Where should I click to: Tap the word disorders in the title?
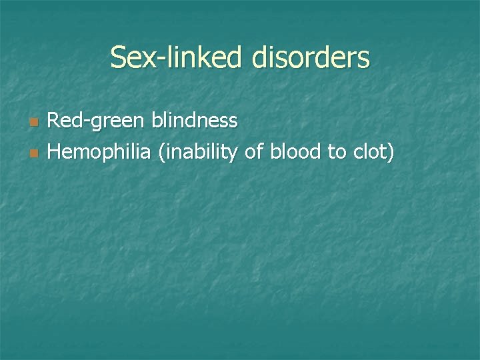pos(311,57)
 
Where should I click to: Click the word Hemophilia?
pos(100,153)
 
